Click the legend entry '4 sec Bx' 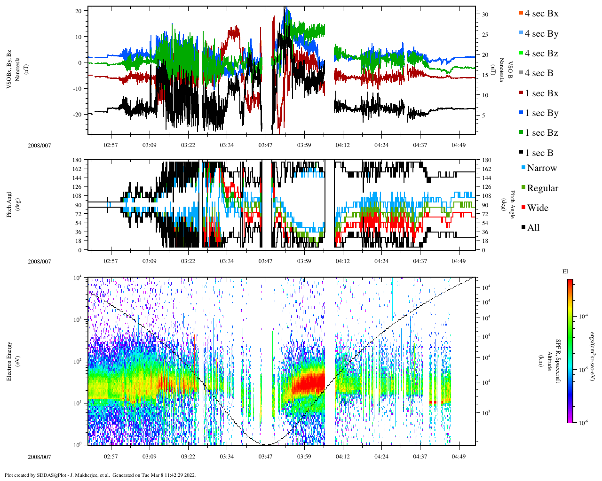[541, 14]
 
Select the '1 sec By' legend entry [541, 113]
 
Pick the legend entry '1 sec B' [539, 153]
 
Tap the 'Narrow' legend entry [541, 168]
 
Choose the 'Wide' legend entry [538, 208]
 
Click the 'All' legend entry [533, 228]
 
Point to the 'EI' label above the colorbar [565, 272]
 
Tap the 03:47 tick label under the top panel [265, 145]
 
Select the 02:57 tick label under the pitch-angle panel [111, 261]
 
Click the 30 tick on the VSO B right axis [485, 15]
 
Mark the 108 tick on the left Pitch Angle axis [77, 196]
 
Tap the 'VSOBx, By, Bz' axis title [9, 62]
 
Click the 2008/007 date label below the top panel [40, 145]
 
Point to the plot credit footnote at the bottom [100, 475]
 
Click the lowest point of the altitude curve [266, 444]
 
